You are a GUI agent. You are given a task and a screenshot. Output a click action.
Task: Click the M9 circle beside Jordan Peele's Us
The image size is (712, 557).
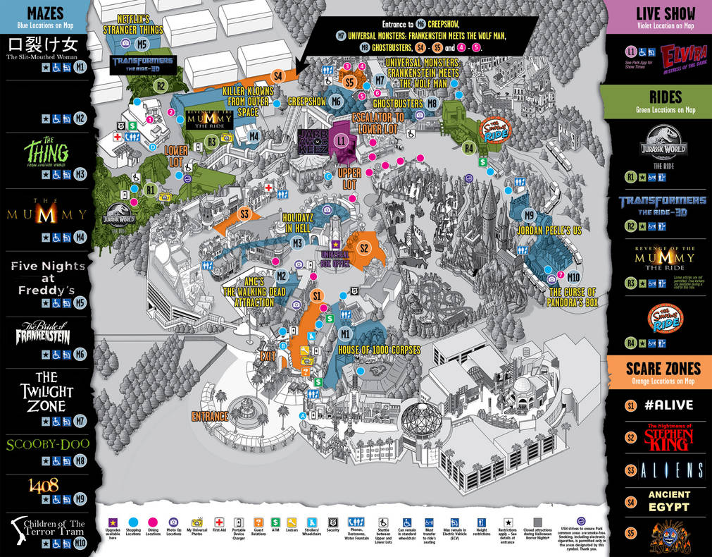[529, 215]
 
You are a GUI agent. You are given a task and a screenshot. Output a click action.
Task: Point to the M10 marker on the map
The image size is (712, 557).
[573, 276]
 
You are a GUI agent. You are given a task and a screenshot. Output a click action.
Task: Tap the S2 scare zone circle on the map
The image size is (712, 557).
[364, 248]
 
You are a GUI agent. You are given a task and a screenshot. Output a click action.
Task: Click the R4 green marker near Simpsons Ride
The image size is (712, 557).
[469, 148]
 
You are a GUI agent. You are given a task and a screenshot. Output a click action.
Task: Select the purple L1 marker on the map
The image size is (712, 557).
[342, 141]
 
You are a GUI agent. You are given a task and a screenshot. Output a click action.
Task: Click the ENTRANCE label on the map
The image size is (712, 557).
[210, 416]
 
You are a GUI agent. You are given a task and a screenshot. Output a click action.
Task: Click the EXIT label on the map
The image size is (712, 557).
[268, 355]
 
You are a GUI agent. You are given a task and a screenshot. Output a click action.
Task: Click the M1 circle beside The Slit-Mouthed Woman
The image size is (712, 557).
[80, 68]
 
